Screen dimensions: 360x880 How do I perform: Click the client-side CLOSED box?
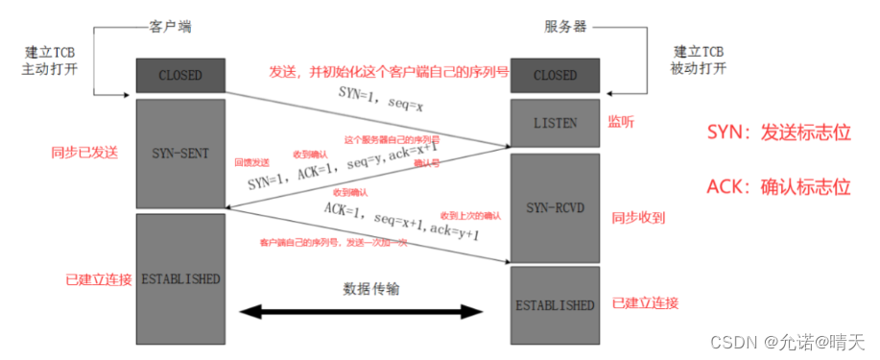pos(180,75)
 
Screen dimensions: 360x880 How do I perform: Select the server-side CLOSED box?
pos(555,75)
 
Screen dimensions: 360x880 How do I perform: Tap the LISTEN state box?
pos(555,124)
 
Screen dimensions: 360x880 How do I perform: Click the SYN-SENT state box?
pos(180,154)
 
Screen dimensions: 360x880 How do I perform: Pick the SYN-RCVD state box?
pos(555,207)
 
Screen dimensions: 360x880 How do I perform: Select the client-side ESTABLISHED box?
pos(180,279)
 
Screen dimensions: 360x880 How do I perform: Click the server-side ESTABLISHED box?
pos(555,304)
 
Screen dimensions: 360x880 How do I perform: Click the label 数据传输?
pos(370,288)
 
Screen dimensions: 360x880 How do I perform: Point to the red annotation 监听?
pos(621,123)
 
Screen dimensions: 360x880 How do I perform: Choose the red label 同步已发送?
pos(85,153)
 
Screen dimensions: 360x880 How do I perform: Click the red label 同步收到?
pos(638,218)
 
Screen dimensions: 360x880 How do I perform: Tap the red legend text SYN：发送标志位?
pos(778,132)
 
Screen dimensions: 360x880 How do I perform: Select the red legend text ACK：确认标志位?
pos(778,186)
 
